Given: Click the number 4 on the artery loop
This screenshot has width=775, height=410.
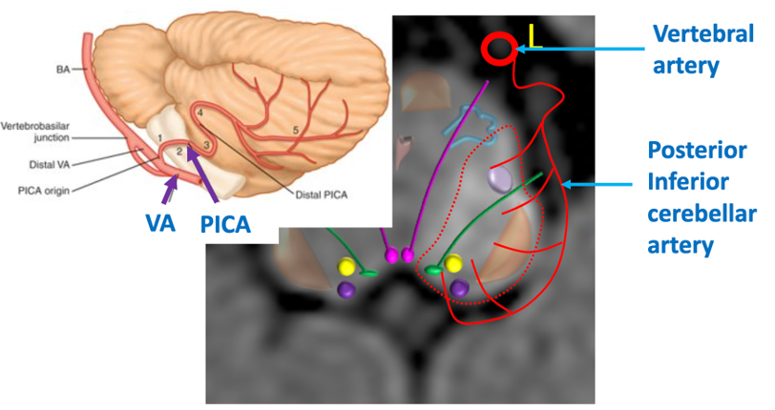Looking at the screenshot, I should [200, 113].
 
